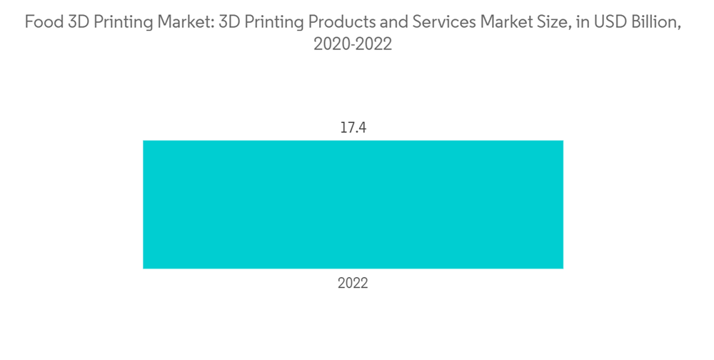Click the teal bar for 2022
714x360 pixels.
tap(353, 204)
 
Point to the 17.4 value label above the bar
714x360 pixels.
tap(353, 129)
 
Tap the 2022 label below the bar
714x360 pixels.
tap(353, 284)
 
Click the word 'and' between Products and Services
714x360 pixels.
tap(393, 23)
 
